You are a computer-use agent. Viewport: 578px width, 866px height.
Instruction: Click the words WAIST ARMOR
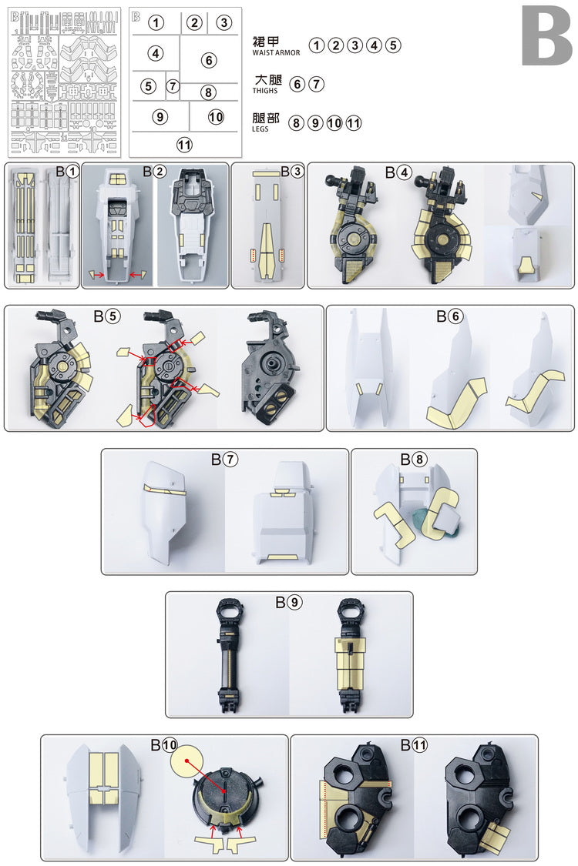click(276, 53)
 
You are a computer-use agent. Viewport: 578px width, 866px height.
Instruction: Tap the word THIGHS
click(265, 91)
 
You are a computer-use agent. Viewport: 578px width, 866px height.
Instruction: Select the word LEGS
click(260, 129)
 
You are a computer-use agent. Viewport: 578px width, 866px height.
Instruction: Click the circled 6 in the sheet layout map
click(209, 60)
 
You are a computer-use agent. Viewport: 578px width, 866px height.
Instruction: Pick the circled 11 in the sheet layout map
click(184, 145)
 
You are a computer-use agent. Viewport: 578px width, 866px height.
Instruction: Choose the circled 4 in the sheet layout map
click(156, 53)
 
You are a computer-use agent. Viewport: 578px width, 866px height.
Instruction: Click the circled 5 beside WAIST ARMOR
click(393, 45)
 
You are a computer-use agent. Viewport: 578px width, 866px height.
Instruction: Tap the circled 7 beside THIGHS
click(316, 84)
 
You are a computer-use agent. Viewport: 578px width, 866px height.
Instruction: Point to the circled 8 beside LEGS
click(297, 122)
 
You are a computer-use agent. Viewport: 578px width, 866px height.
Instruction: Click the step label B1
click(68, 172)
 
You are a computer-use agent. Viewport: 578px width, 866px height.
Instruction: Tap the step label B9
click(289, 602)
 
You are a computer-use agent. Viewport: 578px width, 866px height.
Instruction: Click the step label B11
click(414, 745)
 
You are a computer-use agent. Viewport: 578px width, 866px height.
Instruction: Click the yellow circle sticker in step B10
click(187, 761)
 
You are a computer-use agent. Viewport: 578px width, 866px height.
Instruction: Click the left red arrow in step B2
click(98, 275)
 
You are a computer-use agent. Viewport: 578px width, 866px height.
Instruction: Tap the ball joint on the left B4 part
click(332, 181)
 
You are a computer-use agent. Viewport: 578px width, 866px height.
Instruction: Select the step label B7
click(224, 459)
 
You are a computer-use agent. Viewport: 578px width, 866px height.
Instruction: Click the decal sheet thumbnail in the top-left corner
click(64, 82)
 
